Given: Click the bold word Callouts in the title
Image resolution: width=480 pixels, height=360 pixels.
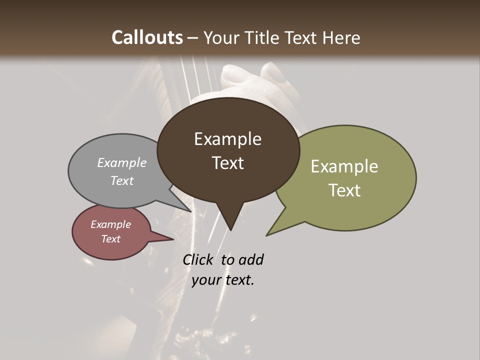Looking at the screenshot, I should [x=147, y=37].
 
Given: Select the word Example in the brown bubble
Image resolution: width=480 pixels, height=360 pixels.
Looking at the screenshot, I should [x=227, y=139].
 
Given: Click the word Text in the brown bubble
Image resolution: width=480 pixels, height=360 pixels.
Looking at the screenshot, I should [x=227, y=162].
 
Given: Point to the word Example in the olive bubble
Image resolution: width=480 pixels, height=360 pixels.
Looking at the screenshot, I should [x=344, y=166].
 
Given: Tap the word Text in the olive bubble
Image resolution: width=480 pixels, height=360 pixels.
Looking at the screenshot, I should [x=344, y=190].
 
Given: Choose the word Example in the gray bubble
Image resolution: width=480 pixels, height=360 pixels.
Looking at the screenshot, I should [x=122, y=162].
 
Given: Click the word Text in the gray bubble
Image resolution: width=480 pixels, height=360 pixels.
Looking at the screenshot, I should [x=122, y=180].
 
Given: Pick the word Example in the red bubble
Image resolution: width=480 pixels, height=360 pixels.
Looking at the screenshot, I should [x=110, y=224].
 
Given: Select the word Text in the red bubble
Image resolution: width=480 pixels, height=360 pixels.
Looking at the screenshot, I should [x=110, y=239].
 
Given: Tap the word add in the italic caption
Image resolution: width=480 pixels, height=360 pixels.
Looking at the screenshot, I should [x=250, y=259].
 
